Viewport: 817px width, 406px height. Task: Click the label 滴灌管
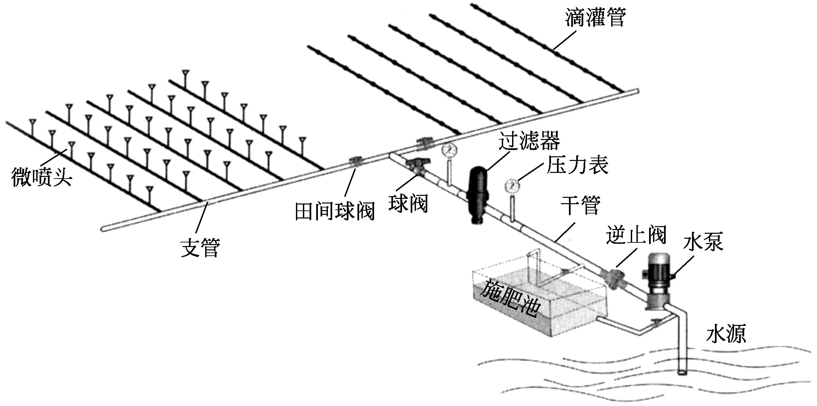pyautogui.click(x=595, y=17)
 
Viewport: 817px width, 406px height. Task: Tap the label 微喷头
pyautogui.click(x=42, y=177)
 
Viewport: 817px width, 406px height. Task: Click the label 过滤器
pyautogui.click(x=529, y=141)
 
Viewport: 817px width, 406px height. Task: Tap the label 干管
pyautogui.click(x=581, y=205)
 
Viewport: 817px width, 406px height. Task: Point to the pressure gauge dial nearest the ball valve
pyautogui.click(x=449, y=150)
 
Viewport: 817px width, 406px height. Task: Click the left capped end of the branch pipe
pyautogui.click(x=103, y=229)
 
